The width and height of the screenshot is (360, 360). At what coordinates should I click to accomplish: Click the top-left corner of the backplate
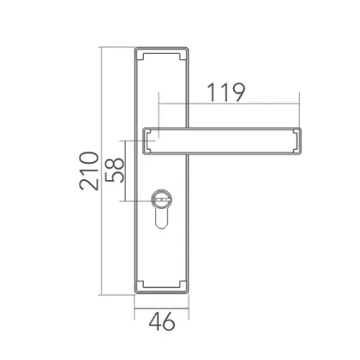click(135, 49)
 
